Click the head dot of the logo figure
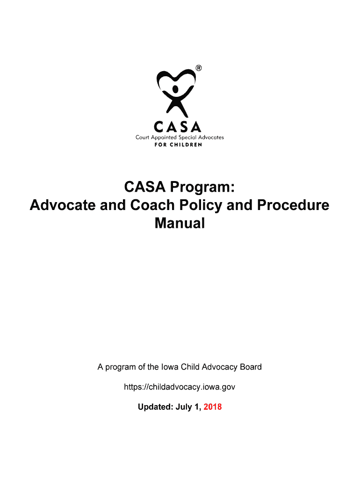point(175,88)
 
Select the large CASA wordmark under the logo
point(180,126)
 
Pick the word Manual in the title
point(180,223)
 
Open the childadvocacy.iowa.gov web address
point(180,387)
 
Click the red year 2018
point(213,407)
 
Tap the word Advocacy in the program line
point(218,367)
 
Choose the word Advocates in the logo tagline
point(210,137)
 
